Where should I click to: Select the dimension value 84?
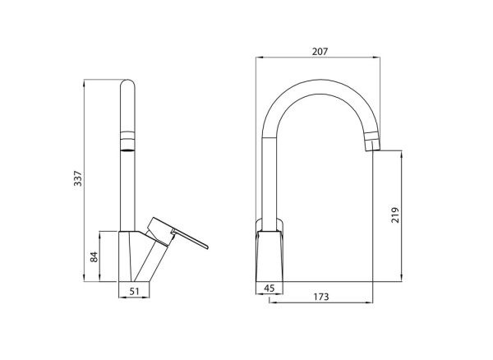tap(94, 256)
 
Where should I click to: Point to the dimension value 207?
tap(320, 51)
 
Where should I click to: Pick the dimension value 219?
tap(395, 216)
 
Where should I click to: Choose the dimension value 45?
tap(269, 288)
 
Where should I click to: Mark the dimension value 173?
tap(321, 296)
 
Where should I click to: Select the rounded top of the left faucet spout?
tap(127, 84)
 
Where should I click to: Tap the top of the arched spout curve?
tap(320, 85)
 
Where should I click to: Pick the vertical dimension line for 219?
tap(402, 216)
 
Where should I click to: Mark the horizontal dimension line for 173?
tap(321, 302)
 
